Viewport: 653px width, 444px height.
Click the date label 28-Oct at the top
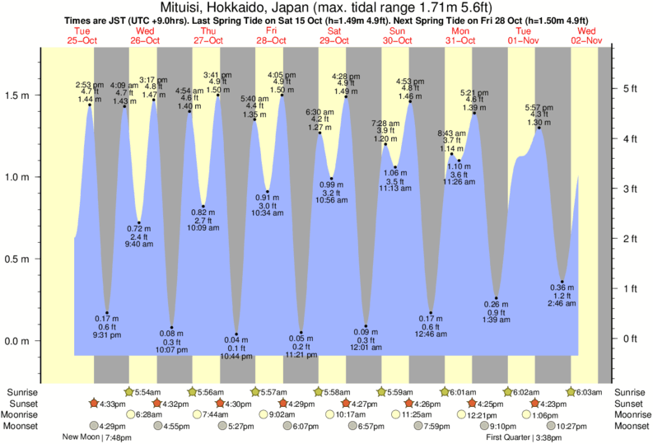pyautogui.click(x=271, y=40)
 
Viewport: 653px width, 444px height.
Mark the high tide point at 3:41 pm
pyautogui.click(x=218, y=95)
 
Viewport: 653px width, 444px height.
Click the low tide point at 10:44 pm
pyautogui.click(x=236, y=334)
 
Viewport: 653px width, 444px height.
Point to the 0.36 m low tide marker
pyautogui.click(x=562, y=282)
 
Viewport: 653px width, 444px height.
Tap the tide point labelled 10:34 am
pyautogui.click(x=267, y=191)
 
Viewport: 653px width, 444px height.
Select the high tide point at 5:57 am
pyautogui.click(x=539, y=128)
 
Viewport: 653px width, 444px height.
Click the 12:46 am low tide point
pyautogui.click(x=431, y=312)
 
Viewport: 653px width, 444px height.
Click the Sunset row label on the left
pyautogui.click(x=20, y=404)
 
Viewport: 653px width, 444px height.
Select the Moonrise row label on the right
pyautogui.click(x=630, y=415)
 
